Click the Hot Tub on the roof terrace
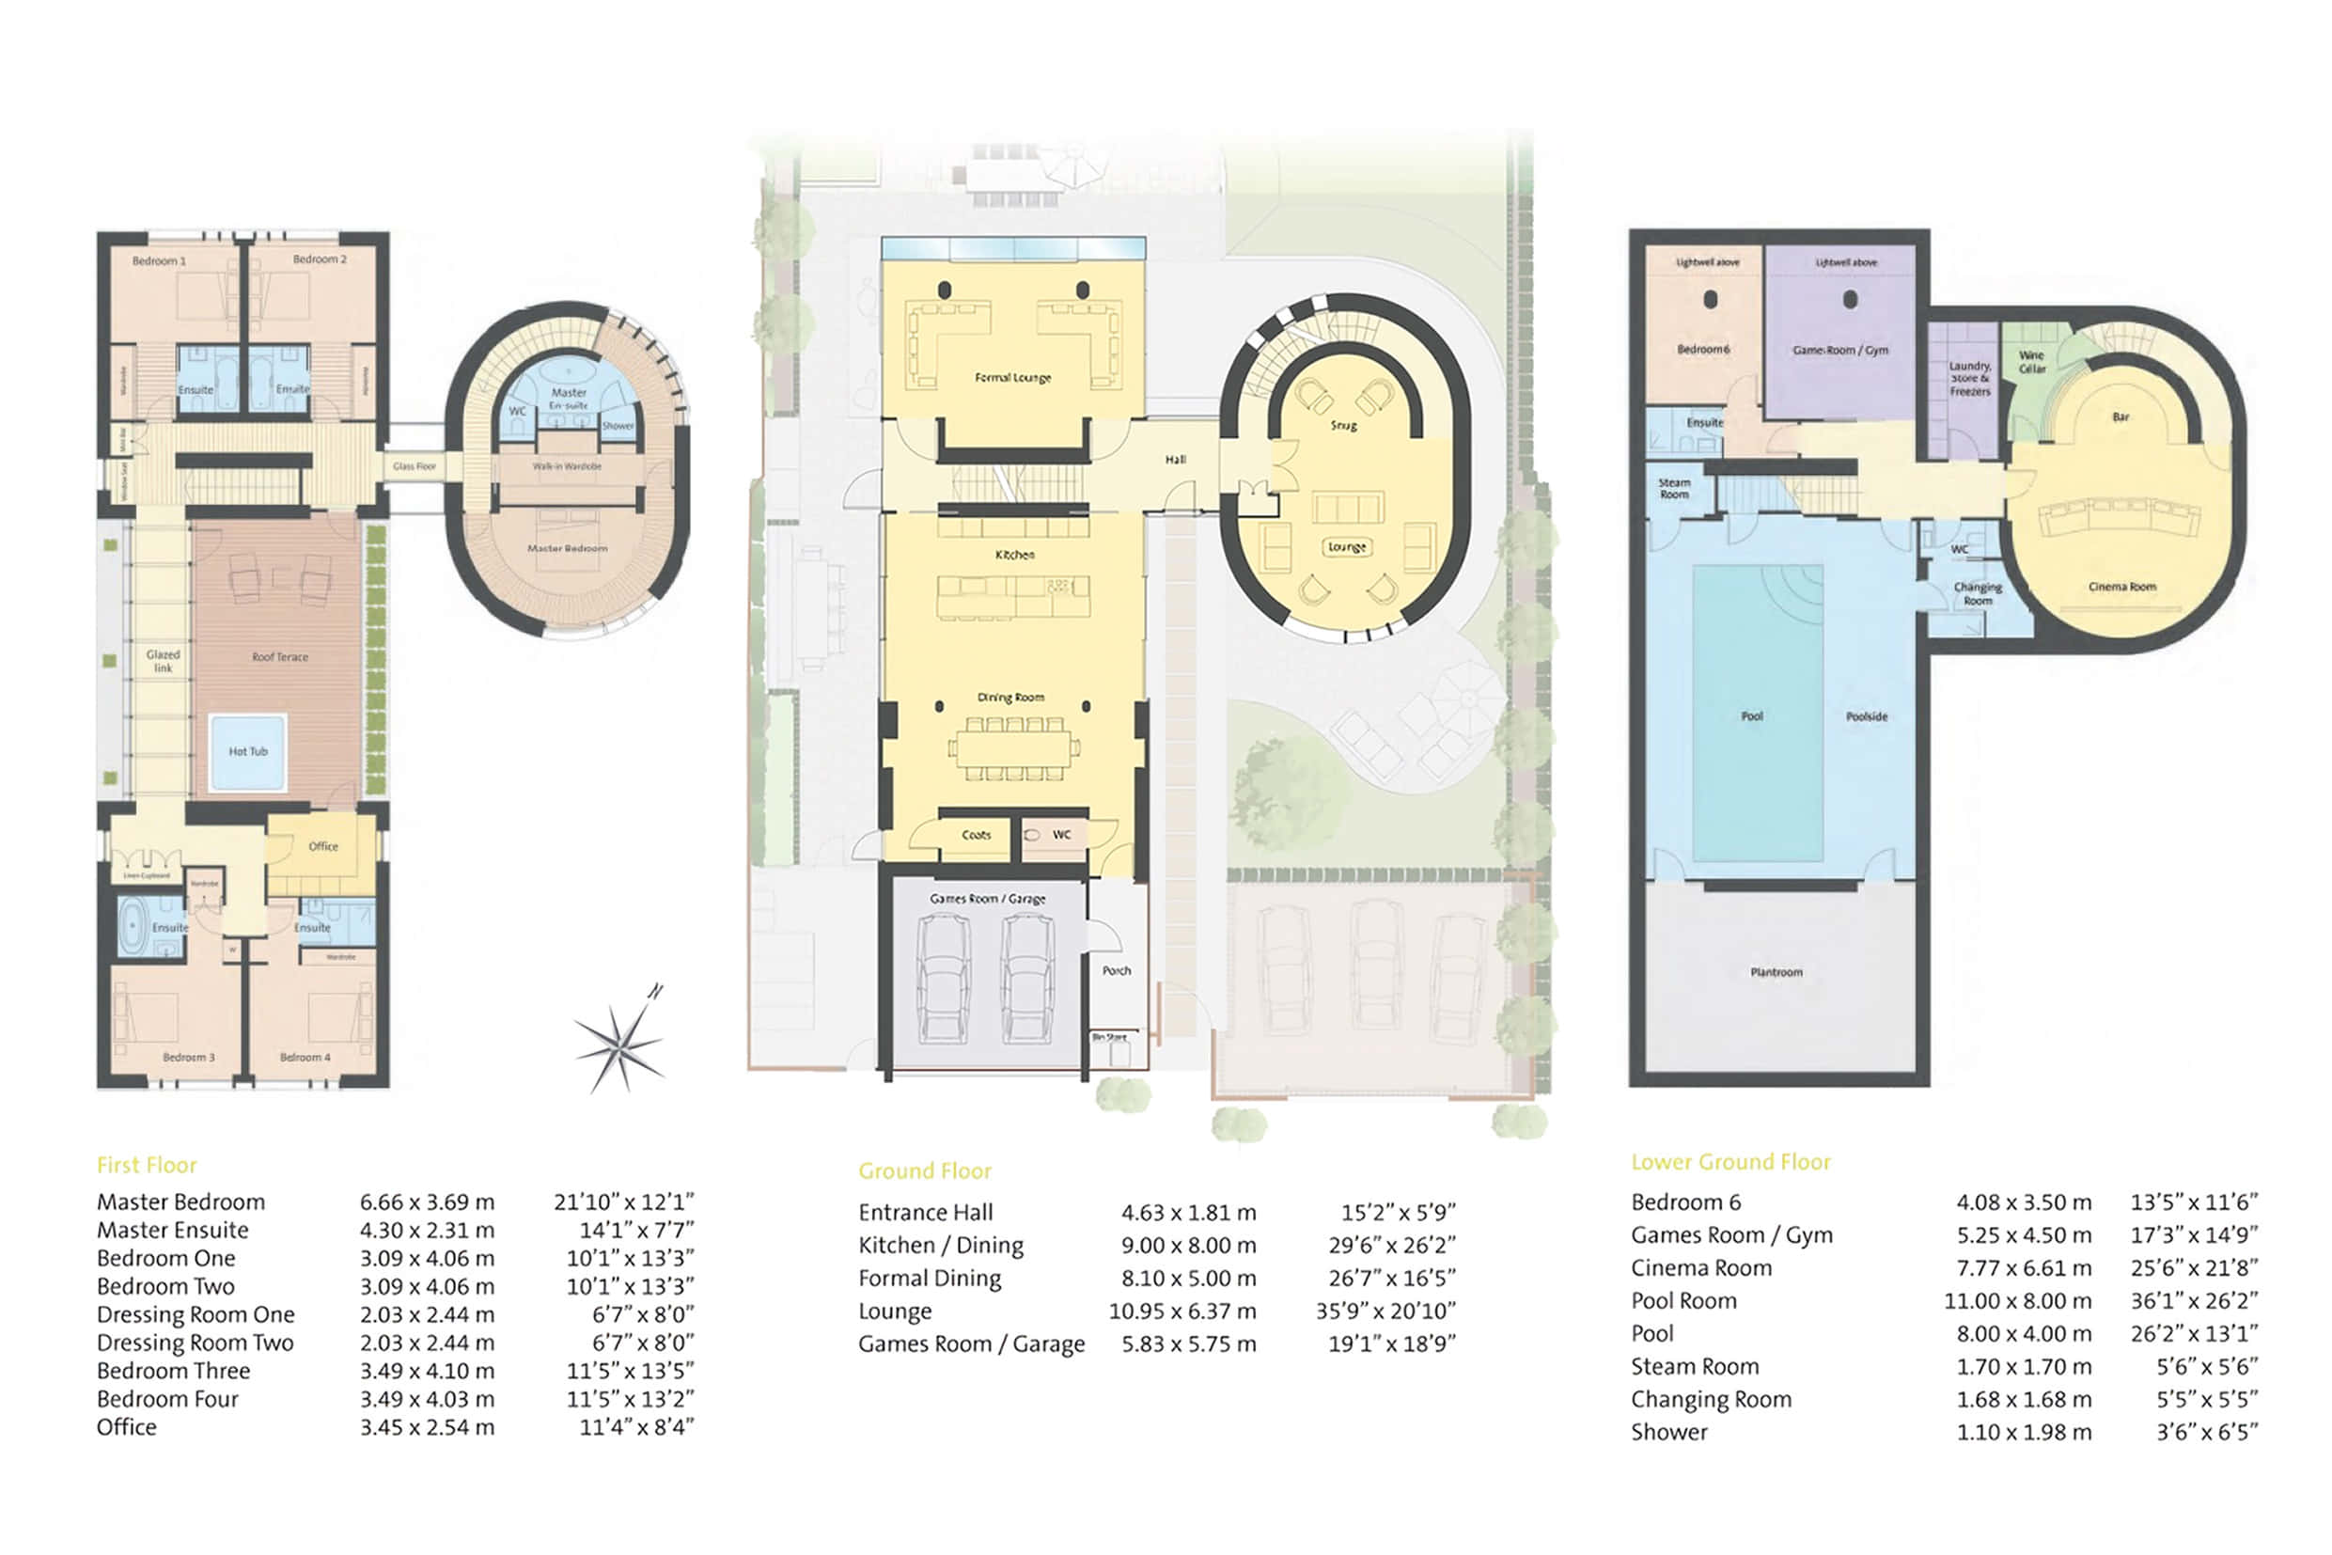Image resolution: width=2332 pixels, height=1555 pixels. coord(247,752)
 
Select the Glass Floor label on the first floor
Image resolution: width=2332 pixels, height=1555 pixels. coord(415,466)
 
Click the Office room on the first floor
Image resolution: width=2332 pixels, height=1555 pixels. coord(323,846)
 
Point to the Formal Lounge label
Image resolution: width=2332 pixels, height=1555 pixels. coord(1012,378)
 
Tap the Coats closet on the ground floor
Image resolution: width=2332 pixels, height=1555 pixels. coord(976,835)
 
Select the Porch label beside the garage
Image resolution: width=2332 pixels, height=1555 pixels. coord(1117,971)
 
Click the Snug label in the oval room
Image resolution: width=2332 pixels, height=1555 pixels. coord(1343,426)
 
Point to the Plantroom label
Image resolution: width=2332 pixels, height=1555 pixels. coord(1776,972)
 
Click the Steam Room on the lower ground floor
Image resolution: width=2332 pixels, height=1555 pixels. coord(1674,489)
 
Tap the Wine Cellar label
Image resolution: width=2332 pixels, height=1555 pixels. coord(2031,362)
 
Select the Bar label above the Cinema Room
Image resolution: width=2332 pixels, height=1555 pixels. coord(2121,417)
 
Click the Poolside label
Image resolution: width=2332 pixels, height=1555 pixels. coord(1866,716)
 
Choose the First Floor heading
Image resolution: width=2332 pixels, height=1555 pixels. coord(147,1165)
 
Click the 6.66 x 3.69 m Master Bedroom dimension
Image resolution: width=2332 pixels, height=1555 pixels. coord(427,1202)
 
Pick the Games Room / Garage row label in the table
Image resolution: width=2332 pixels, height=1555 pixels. coord(971,1343)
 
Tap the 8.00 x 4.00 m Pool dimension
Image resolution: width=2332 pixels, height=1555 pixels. coord(2023,1334)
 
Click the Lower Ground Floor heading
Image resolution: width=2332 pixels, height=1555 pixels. coord(1730,1162)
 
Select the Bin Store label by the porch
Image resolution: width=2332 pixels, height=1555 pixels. coord(1109,1037)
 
